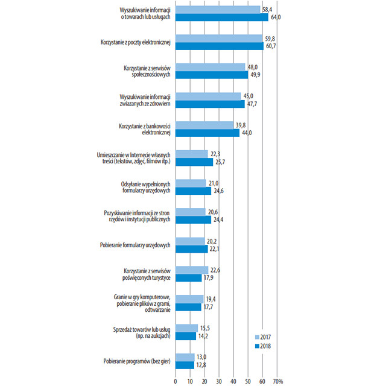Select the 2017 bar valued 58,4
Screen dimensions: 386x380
218,10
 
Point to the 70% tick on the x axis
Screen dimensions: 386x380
278,381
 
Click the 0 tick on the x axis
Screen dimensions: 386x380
176,381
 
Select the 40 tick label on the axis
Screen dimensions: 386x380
233,381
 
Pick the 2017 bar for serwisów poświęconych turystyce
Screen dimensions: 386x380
192,270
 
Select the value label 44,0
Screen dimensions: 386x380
247,133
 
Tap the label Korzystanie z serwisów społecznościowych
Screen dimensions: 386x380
147,71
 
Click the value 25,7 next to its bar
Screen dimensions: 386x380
220,162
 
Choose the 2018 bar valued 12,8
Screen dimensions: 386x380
185,365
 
